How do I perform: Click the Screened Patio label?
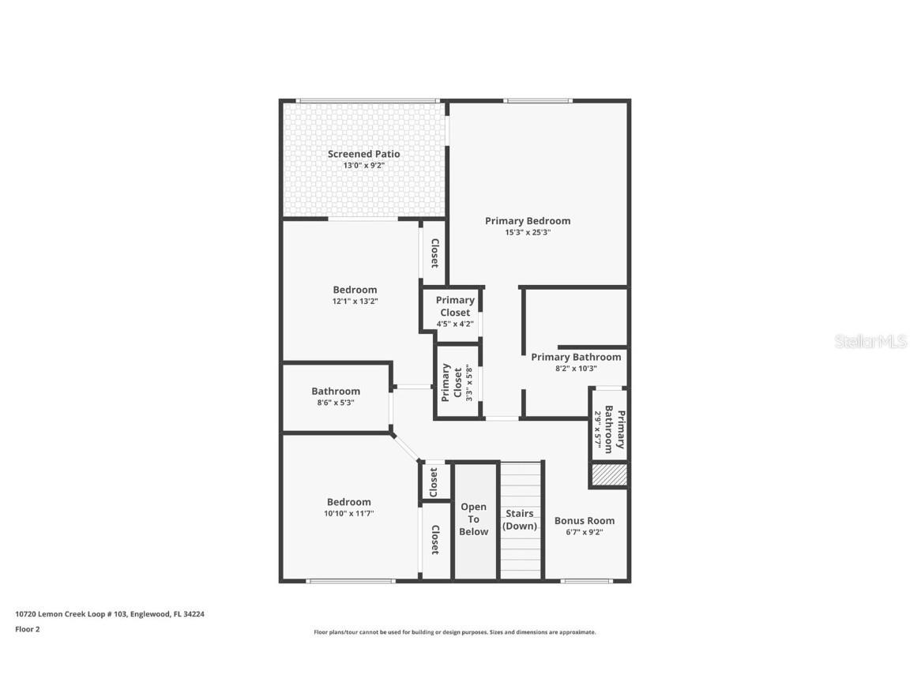pyautogui.click(x=363, y=154)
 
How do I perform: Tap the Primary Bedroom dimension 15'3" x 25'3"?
pyautogui.click(x=528, y=233)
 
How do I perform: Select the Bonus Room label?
pyautogui.click(x=584, y=521)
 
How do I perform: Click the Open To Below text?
pyautogui.click(x=474, y=519)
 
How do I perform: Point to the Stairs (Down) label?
pyautogui.click(x=521, y=519)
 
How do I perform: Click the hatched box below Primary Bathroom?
pyautogui.click(x=609, y=474)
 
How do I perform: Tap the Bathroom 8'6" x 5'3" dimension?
pyautogui.click(x=335, y=403)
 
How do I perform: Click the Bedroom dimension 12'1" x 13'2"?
pyautogui.click(x=355, y=302)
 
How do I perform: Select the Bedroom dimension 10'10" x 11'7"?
pyautogui.click(x=348, y=514)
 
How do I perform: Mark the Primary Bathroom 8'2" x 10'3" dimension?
pyautogui.click(x=575, y=369)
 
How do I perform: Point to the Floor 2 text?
pyautogui.click(x=27, y=629)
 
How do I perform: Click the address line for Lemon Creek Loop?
pyautogui.click(x=110, y=613)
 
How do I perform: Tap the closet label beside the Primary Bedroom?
pyautogui.click(x=434, y=253)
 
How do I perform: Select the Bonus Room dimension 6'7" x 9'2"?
pyautogui.click(x=584, y=533)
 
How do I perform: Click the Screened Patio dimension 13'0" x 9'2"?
pyautogui.click(x=363, y=166)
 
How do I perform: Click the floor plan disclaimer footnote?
pyautogui.click(x=454, y=632)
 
